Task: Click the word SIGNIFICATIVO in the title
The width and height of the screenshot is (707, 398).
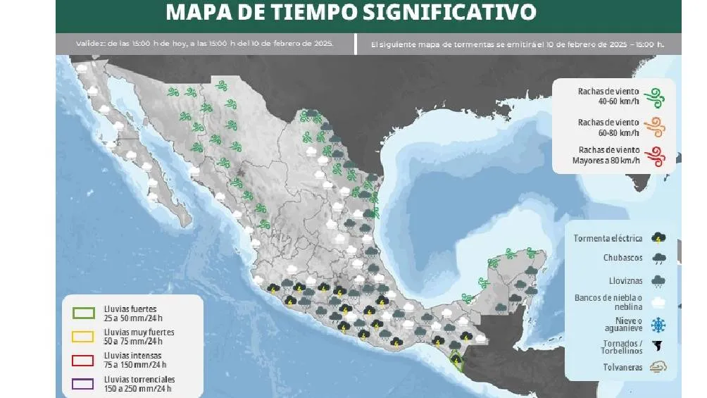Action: [x=458, y=12]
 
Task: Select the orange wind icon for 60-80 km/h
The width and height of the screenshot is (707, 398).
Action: [x=656, y=128]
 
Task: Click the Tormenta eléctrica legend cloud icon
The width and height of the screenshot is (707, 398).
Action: [x=659, y=238]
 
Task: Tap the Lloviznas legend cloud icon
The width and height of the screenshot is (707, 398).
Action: [x=659, y=280]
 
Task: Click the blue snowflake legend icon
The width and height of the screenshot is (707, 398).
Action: [x=659, y=325]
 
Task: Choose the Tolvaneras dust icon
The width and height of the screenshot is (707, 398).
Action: [x=659, y=367]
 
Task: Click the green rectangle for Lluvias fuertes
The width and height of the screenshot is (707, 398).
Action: [x=85, y=313]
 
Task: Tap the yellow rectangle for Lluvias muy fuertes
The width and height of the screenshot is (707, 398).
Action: [x=85, y=336]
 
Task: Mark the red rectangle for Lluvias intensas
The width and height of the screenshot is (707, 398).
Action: [x=85, y=360]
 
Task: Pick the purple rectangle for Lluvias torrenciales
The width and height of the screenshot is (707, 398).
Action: [x=85, y=383]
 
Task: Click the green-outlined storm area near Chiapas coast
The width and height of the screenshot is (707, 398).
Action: [x=456, y=360]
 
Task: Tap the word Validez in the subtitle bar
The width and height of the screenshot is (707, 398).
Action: [x=89, y=44]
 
